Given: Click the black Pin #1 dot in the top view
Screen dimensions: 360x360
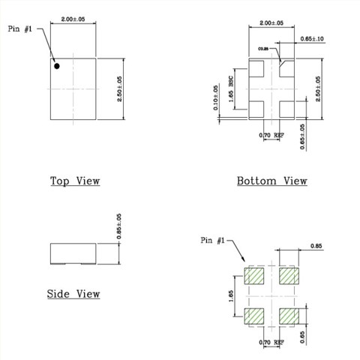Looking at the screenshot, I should click(x=56, y=66).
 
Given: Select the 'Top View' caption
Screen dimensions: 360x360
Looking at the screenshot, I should click(x=75, y=181).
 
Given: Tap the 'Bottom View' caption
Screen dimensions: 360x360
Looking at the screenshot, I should click(x=271, y=181).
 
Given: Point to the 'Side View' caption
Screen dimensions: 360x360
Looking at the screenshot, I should click(x=73, y=293).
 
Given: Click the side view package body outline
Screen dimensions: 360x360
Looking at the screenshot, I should click(x=73, y=253).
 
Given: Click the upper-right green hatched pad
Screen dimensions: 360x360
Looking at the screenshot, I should click(x=289, y=276).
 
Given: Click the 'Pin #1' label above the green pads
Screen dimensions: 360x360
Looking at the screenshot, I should click(x=212, y=240).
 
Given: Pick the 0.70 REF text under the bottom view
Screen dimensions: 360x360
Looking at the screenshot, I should click(x=271, y=135).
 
